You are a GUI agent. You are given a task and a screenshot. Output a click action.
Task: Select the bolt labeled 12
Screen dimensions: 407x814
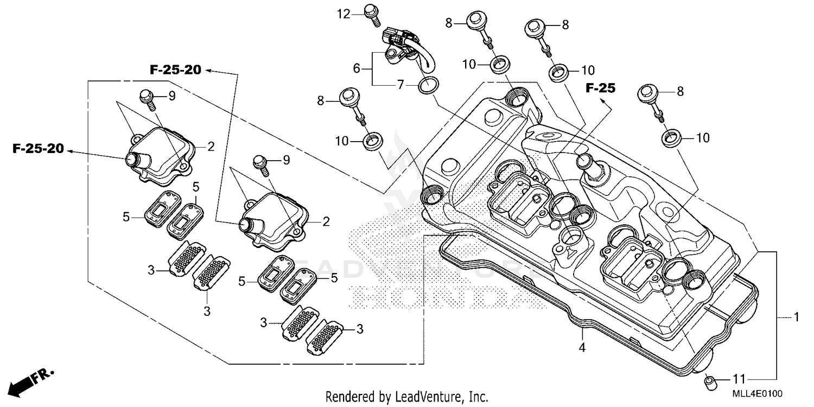point(371,13)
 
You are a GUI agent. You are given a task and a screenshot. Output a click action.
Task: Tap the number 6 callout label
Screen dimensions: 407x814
point(357,68)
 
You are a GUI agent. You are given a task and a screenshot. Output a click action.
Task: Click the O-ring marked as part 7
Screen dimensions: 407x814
point(428,85)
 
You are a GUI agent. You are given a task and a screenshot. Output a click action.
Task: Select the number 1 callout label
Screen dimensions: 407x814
point(796,317)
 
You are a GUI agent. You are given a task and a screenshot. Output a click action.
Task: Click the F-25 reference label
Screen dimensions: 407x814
point(601,88)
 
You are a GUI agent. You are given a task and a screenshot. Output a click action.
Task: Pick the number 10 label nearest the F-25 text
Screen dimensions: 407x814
point(588,70)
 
